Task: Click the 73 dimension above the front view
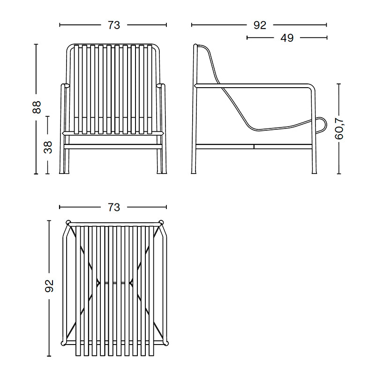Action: (113, 25)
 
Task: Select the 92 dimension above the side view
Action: (260, 25)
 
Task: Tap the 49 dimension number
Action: (287, 38)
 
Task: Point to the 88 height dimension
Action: (37, 107)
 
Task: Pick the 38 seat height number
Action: (48, 147)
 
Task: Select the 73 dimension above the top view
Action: (113, 207)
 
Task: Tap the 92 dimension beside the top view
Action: (49, 285)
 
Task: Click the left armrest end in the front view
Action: (65, 86)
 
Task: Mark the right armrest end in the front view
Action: (162, 86)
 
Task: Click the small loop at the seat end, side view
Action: (322, 124)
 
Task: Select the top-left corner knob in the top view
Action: (68, 222)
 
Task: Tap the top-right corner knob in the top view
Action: (161, 222)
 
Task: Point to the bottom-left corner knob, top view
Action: (64, 343)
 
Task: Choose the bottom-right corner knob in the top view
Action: (165, 343)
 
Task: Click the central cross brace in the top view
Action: (115, 283)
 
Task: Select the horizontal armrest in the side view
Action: (253, 85)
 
